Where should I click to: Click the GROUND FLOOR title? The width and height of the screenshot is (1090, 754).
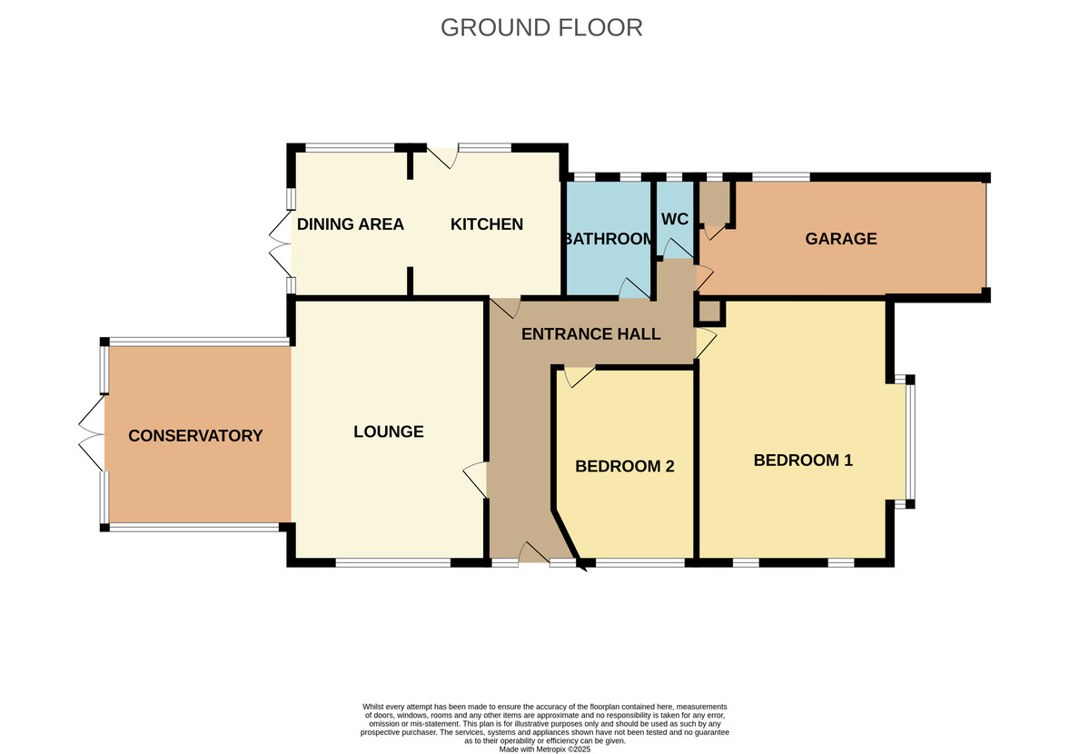[x=541, y=27]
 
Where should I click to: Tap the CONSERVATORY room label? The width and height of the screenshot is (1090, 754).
[x=195, y=436]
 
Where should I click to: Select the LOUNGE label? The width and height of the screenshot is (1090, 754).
[x=389, y=432]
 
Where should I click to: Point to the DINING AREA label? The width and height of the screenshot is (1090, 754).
[x=351, y=224]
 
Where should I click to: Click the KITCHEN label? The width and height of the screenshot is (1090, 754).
[x=487, y=224]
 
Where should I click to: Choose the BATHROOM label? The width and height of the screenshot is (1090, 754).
[x=608, y=240]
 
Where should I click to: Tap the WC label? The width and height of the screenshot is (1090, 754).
[x=675, y=220]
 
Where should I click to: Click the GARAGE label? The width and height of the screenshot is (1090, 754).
[x=841, y=239]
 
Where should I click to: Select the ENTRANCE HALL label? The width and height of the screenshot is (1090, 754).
[x=590, y=334]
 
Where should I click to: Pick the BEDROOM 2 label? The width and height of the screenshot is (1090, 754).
[x=625, y=467]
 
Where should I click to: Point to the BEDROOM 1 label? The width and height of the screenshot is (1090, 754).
[x=803, y=461]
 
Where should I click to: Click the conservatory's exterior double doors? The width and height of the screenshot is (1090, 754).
[x=92, y=434]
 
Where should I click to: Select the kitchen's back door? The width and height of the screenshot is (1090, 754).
[x=442, y=157]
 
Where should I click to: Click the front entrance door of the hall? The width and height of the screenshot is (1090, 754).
[x=533, y=555]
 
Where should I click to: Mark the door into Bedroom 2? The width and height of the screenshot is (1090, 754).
[x=578, y=375]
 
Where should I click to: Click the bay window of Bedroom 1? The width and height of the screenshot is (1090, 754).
[x=910, y=442]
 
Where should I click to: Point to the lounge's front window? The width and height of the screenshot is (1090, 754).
[x=392, y=563]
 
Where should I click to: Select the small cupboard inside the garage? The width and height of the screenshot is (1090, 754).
[x=714, y=203]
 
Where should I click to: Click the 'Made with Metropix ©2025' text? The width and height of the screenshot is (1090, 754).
[x=545, y=749]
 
